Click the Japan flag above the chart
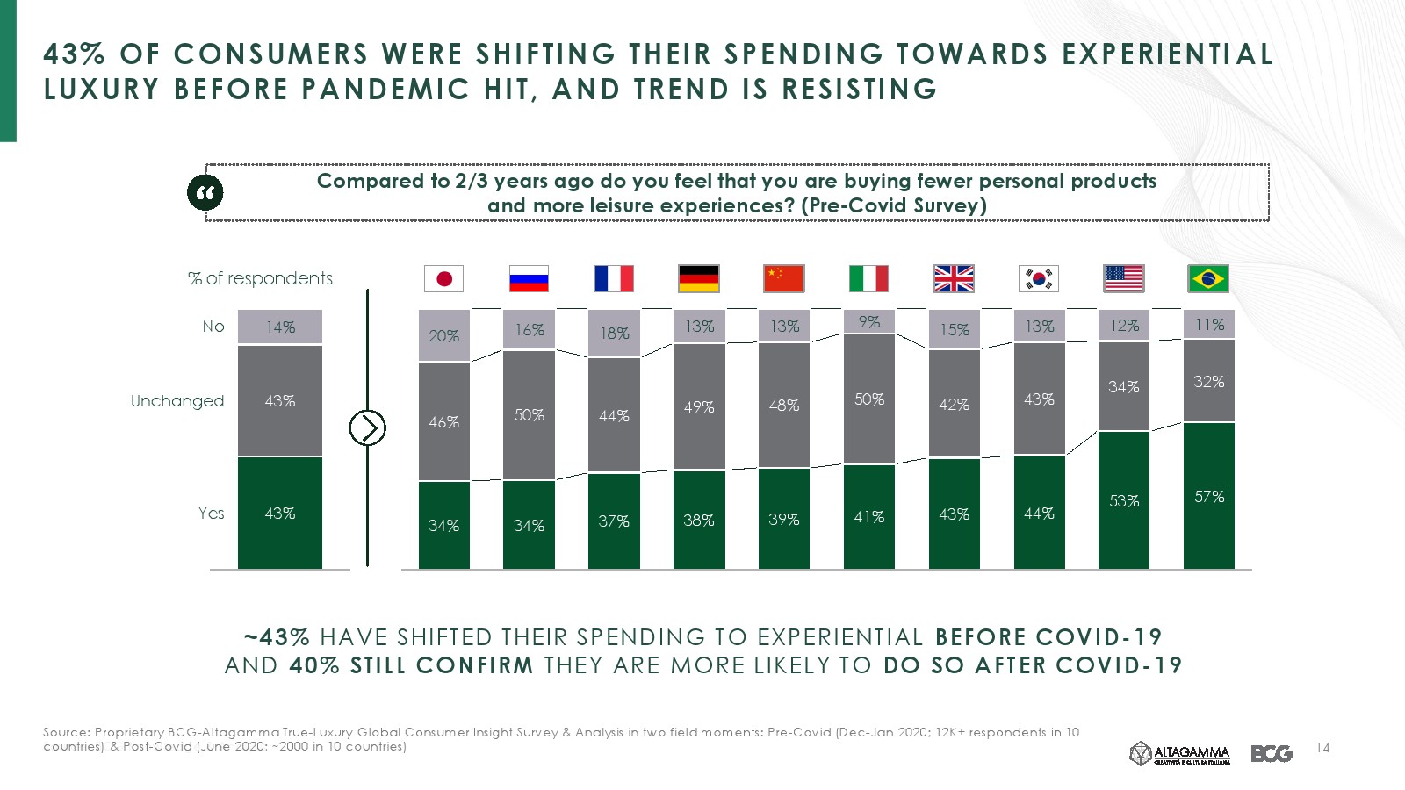[x=443, y=279]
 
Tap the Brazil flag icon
[x=1208, y=279]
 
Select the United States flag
[x=1123, y=279]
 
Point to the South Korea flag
[x=1039, y=279]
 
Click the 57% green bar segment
[x=1209, y=496]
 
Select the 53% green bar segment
[x=1124, y=500]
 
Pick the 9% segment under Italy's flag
[x=869, y=322]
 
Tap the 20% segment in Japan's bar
[x=443, y=335]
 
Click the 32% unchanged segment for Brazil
[x=1209, y=381]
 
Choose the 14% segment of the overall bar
[x=280, y=327]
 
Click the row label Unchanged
[x=177, y=401]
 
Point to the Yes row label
[x=211, y=513]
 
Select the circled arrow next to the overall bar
[x=367, y=427]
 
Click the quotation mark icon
[x=205, y=193]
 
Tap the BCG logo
[x=1272, y=753]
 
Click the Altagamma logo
[x=1179, y=753]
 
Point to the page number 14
[x=1323, y=748]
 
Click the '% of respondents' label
[x=261, y=278]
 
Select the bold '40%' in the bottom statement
[x=314, y=665]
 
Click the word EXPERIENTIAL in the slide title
[x=1167, y=54]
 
